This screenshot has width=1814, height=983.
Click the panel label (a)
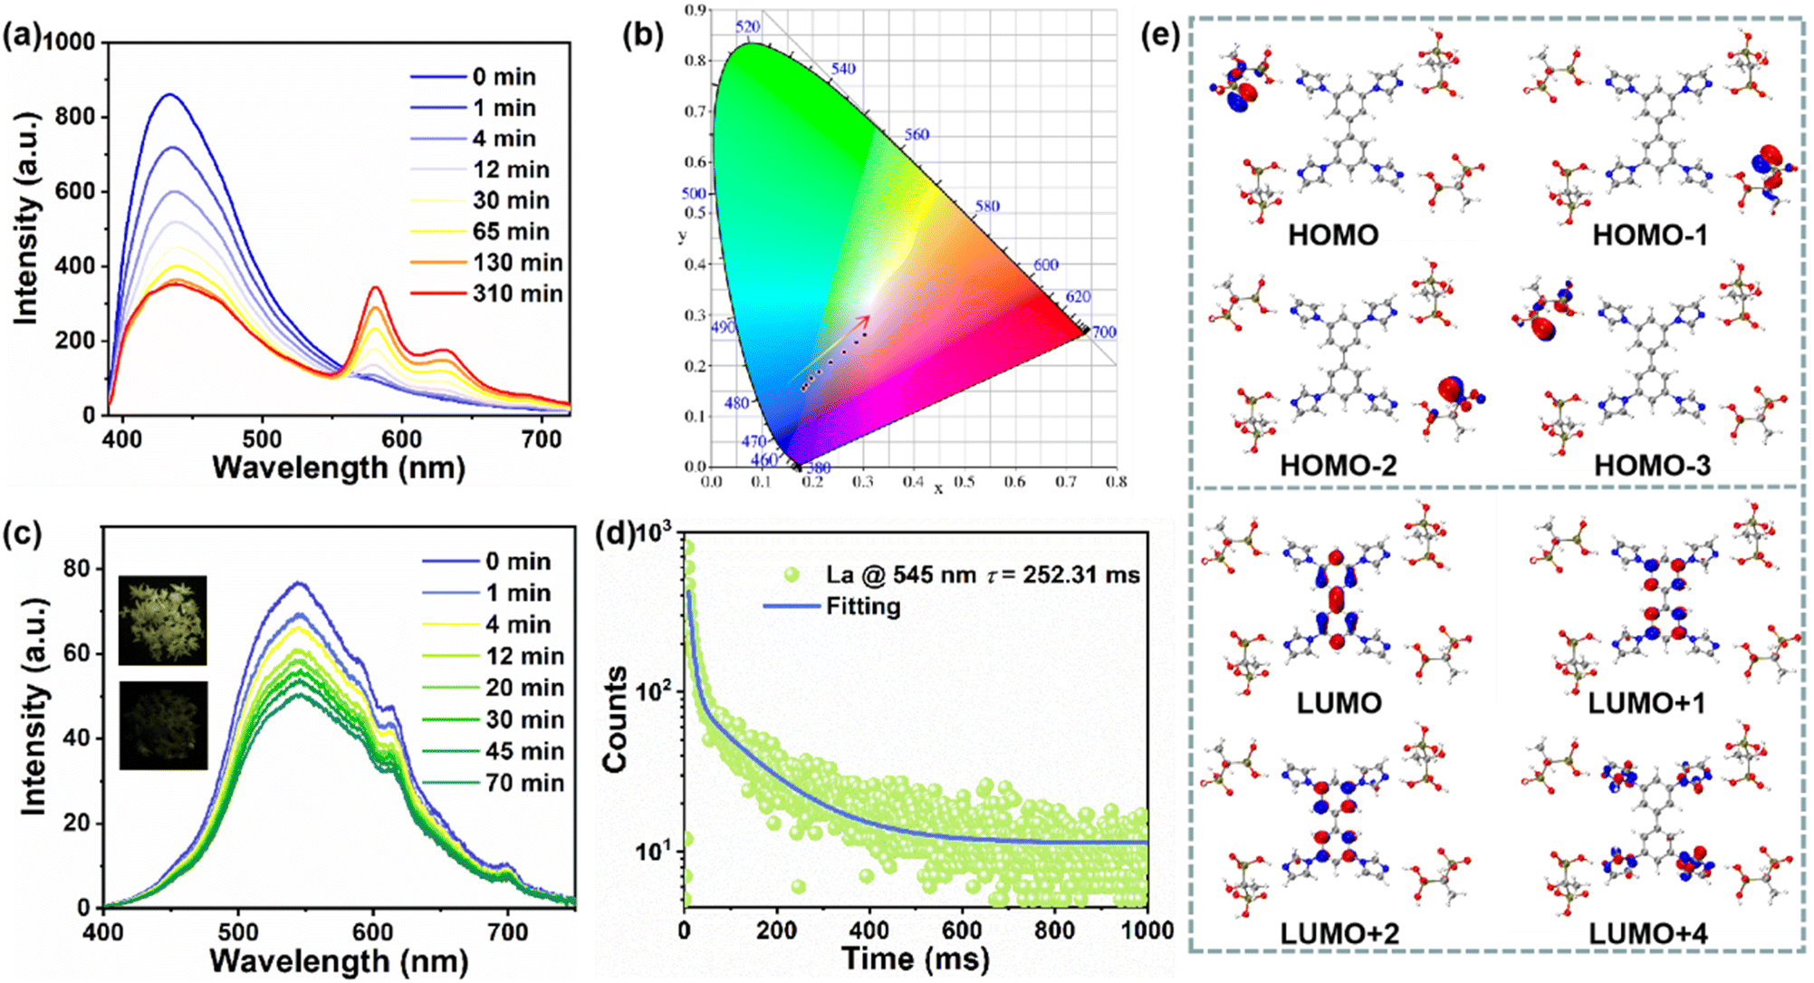[x=22, y=38]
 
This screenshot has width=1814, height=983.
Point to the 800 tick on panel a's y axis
[x=75, y=117]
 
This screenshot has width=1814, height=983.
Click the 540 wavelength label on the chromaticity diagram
[x=843, y=69]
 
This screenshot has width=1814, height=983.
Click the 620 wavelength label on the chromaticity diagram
[x=1078, y=297]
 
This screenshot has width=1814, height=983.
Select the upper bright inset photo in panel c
[x=163, y=621]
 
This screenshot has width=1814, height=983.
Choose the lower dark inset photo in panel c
[x=163, y=726]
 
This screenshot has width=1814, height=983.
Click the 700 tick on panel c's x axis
[x=507, y=932]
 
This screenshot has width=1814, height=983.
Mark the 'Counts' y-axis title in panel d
[x=616, y=719]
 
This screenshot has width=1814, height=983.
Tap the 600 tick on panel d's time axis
[x=962, y=930]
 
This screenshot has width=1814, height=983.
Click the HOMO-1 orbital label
[x=1650, y=236]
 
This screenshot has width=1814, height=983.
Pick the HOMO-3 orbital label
[x=1652, y=466]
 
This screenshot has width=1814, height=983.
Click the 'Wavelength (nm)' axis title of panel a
[x=339, y=467]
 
